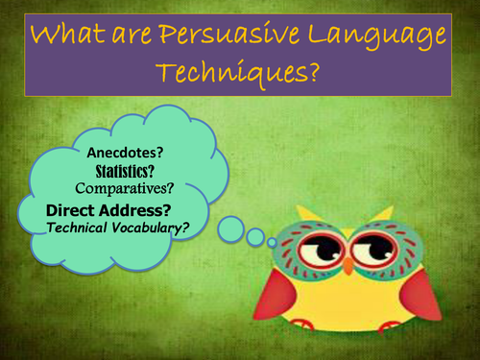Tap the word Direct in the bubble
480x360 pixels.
pyautogui.click(x=76, y=207)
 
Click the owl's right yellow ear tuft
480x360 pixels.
pyautogui.click(x=384, y=211)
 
